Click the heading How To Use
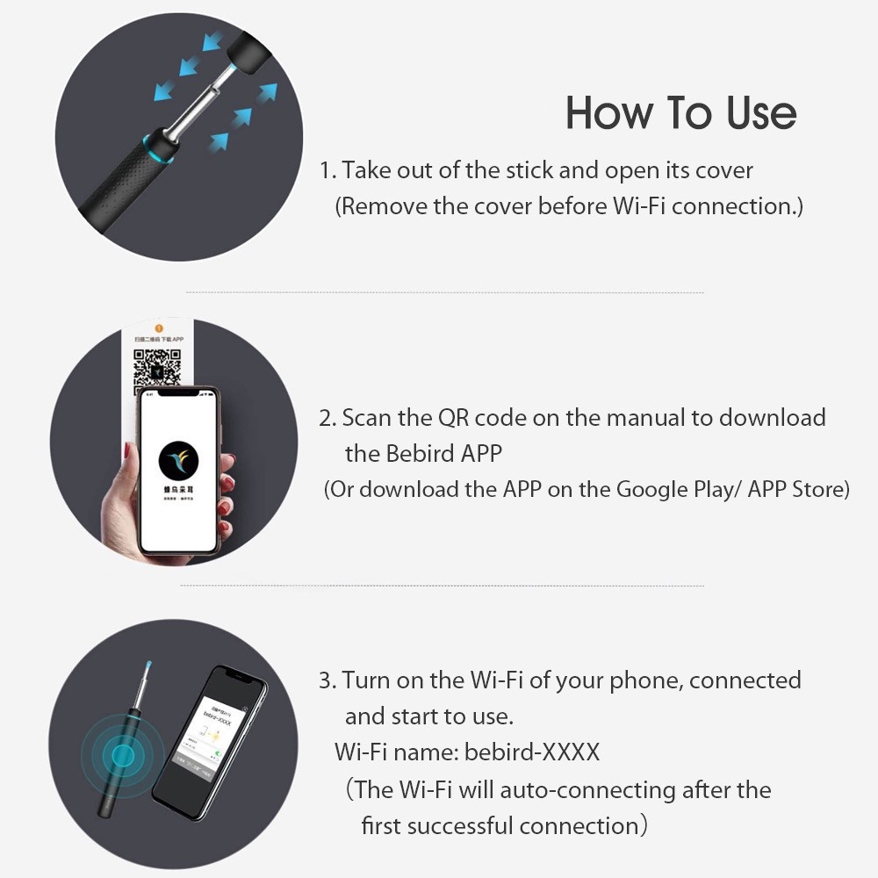coord(680,112)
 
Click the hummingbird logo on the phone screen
coord(178,460)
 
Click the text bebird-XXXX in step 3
coord(532,752)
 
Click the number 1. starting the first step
coord(327,170)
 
